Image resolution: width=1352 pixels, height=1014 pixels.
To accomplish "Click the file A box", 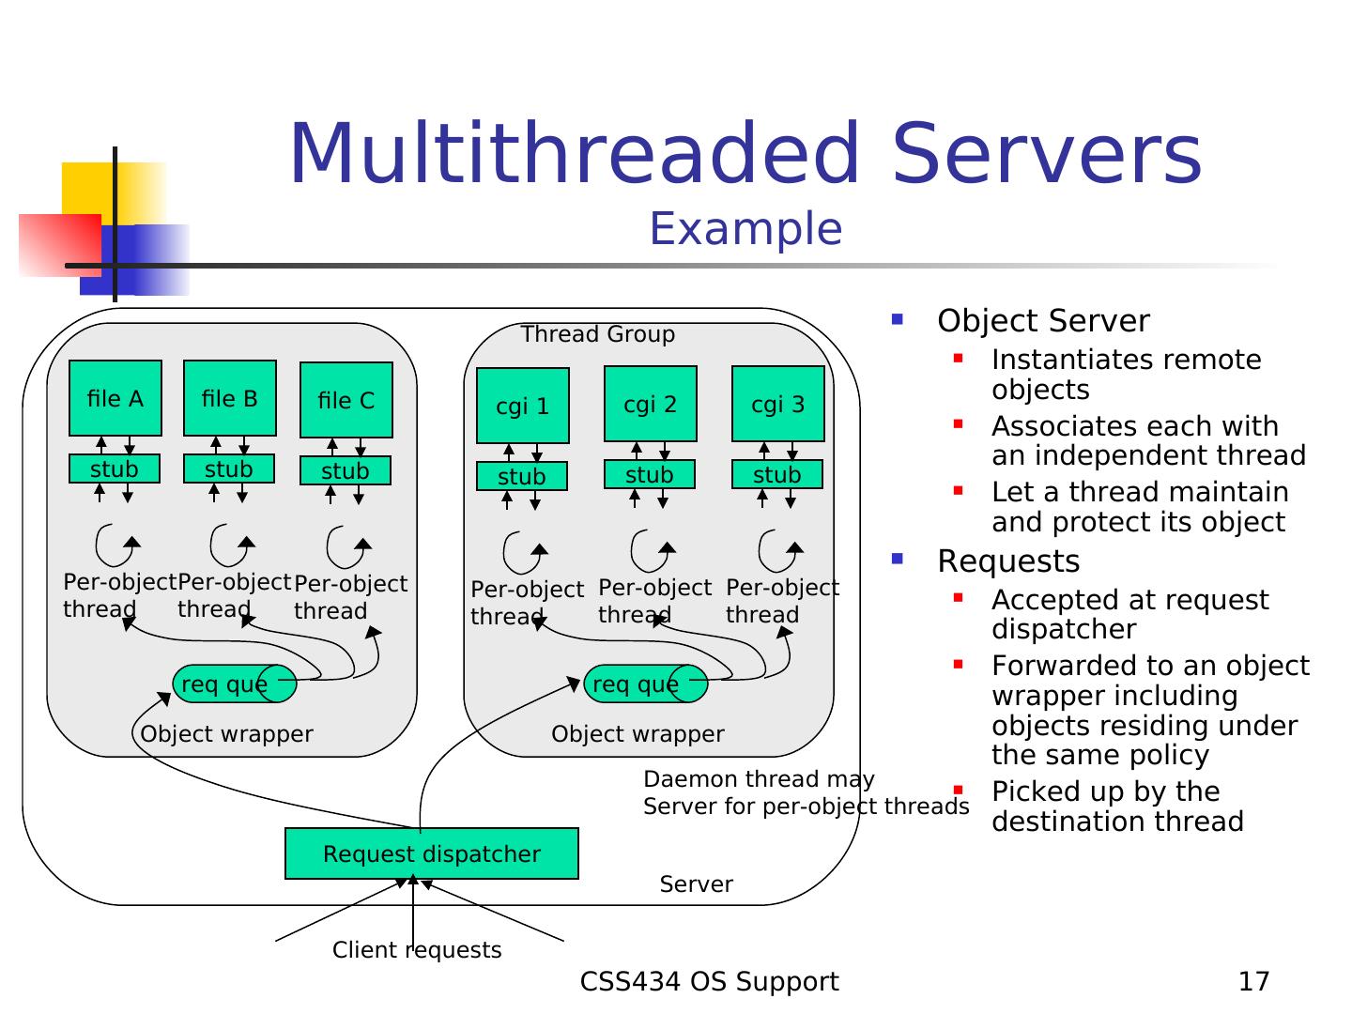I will click(x=115, y=398).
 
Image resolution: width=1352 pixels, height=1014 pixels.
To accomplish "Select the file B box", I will click(x=230, y=398).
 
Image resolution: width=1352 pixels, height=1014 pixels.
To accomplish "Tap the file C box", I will click(x=346, y=400).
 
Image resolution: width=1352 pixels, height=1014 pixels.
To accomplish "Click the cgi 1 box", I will click(x=523, y=406).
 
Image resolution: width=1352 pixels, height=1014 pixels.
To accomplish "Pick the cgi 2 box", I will click(x=651, y=404).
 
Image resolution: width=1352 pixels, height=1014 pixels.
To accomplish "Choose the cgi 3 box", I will click(x=778, y=404).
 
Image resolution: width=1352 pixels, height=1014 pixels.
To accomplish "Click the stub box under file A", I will click(x=115, y=469).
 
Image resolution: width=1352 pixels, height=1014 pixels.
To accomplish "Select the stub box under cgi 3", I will click(x=777, y=474).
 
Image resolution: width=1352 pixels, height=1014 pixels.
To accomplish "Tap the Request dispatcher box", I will click(x=432, y=853).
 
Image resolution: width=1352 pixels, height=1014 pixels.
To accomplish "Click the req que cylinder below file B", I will click(x=234, y=684).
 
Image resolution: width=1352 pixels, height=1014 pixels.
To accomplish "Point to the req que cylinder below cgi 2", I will click(x=645, y=684).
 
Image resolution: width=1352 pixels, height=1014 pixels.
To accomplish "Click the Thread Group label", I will click(x=598, y=334).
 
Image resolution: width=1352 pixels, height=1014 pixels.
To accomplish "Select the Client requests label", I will click(x=417, y=950).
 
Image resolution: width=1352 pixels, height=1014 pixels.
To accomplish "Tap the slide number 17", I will click(x=1253, y=981).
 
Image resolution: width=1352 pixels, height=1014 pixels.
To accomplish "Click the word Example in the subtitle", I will click(x=745, y=229).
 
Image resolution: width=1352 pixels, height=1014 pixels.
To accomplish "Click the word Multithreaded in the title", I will click(x=575, y=154).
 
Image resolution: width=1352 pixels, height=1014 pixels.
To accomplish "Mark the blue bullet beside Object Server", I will click(x=897, y=319).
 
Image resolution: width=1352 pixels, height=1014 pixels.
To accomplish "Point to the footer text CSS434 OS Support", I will click(x=709, y=981).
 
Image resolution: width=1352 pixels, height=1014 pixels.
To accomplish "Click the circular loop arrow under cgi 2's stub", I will click(x=650, y=551).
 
